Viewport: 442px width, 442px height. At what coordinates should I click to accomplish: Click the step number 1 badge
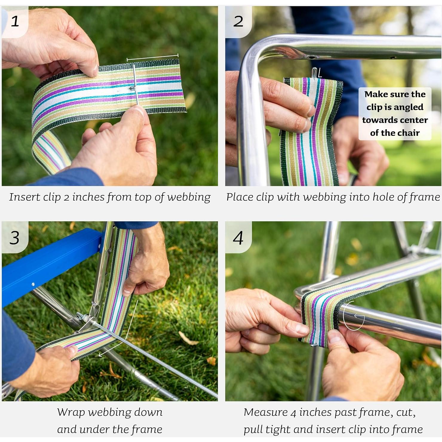15,22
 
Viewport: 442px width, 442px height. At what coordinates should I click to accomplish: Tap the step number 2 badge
238,22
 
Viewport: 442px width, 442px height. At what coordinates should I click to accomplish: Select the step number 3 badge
15,238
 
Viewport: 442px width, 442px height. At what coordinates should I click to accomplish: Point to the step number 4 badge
238,238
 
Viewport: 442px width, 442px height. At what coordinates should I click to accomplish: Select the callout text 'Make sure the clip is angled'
395,101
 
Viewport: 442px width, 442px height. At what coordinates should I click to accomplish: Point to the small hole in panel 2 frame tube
312,57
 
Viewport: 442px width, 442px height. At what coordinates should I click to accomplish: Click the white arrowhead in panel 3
101,355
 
